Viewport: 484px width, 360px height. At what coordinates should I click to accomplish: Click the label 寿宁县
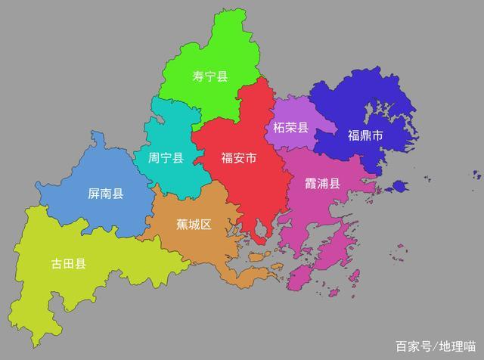pyautogui.click(x=210, y=76)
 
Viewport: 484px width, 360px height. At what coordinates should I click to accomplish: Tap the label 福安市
pyautogui.click(x=238, y=158)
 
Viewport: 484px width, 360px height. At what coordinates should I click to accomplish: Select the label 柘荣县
pyautogui.click(x=286, y=128)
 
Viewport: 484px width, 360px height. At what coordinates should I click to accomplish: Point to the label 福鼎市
pyautogui.click(x=365, y=136)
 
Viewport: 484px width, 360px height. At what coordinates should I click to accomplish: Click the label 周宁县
pyautogui.click(x=166, y=158)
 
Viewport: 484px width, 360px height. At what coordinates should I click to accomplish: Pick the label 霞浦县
pyautogui.click(x=323, y=184)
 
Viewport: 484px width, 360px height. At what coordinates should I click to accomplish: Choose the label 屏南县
pyautogui.click(x=106, y=194)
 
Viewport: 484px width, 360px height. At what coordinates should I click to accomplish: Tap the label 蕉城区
pyautogui.click(x=194, y=225)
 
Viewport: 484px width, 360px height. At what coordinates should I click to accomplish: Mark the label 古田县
pyautogui.click(x=68, y=263)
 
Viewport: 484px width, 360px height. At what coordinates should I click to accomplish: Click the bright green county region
pyautogui.click(x=219, y=45)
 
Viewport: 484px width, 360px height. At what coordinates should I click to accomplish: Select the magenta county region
pyautogui.click(x=318, y=227)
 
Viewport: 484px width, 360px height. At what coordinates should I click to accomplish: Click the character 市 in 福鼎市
pyautogui.click(x=377, y=136)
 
